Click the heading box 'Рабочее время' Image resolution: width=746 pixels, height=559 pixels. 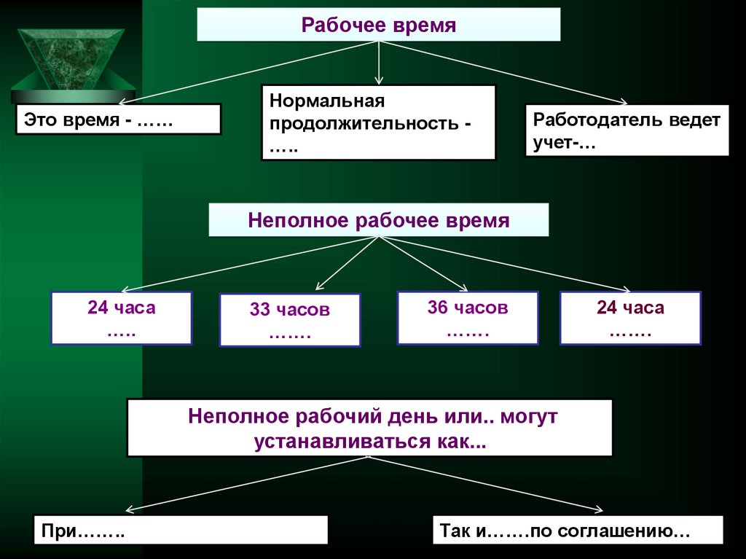coord(379,26)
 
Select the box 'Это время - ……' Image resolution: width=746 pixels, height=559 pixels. coord(118,119)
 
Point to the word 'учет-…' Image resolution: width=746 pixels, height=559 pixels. coord(564,143)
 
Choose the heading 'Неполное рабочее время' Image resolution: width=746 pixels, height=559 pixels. coord(379,220)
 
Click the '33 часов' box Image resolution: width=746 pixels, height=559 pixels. coord(289,319)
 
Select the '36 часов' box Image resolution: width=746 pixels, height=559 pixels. coord(467,317)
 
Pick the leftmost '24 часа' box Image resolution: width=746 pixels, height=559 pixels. coord(121,318)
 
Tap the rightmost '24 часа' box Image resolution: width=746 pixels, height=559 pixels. coord(630,318)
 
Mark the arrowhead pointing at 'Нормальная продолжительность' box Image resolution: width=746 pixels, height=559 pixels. coord(378,78)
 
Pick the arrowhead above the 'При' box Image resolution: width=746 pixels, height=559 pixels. coord(128,510)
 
